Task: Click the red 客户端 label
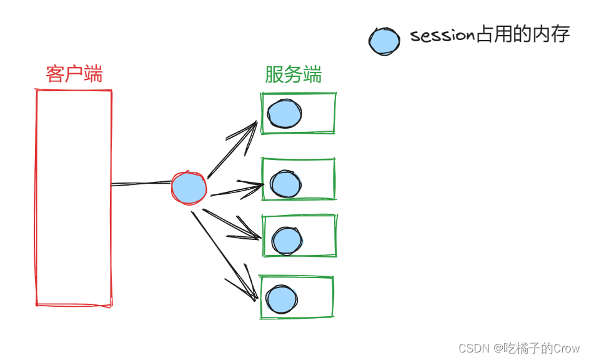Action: coord(74,75)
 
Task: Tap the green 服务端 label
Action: coord(293,75)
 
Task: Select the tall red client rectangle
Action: coord(74,197)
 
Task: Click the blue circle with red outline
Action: coord(189,187)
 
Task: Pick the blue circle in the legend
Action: coord(384,41)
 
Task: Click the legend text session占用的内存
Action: coord(490,35)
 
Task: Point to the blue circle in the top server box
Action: coord(284,114)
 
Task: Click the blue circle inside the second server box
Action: coord(286,184)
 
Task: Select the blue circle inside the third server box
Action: coord(287,241)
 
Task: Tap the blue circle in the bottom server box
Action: coord(281,299)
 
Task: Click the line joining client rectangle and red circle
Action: coord(141,184)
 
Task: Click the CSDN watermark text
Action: coord(519,348)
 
